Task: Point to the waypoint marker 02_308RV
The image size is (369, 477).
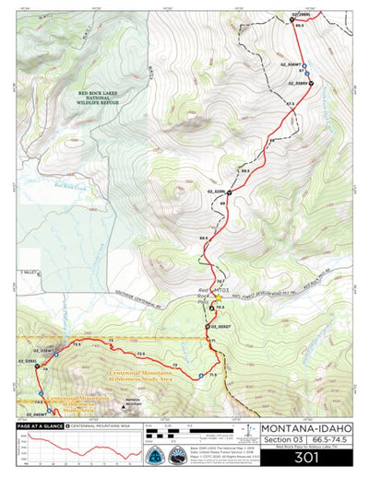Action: [311, 84]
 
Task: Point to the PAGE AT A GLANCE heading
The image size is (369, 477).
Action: [39, 427]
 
